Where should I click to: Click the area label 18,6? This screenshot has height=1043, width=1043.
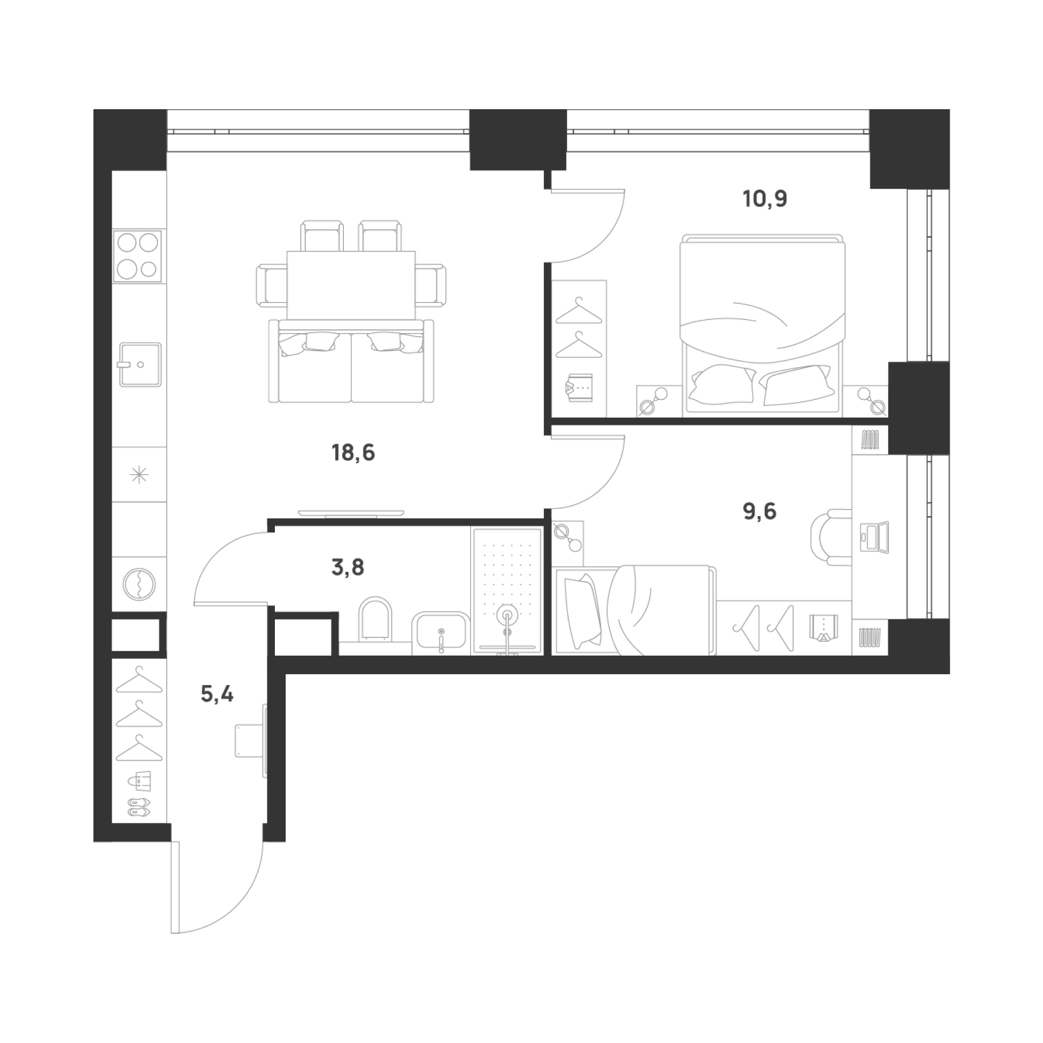coord(353,452)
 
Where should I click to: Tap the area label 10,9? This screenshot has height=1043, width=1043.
coord(765,200)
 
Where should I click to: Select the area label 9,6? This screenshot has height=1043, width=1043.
coord(759,511)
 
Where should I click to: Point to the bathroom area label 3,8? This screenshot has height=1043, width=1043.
coord(347,568)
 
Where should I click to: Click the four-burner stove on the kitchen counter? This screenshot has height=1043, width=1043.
coord(138,255)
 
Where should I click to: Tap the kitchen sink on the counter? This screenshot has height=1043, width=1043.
coord(140,365)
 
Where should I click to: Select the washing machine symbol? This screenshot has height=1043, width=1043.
coord(140,585)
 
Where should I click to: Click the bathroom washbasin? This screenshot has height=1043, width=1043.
coord(441,633)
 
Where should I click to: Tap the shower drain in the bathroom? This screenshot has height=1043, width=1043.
coord(507,615)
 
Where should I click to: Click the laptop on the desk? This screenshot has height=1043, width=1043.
coord(875,538)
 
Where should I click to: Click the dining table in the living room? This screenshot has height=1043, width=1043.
coord(351,285)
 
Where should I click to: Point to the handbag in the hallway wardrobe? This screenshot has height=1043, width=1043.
coord(140,782)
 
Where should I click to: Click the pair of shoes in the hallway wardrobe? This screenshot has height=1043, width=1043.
coord(140,808)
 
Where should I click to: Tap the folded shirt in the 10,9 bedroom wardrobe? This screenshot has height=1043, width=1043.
coord(579,388)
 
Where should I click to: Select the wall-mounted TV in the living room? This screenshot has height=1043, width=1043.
coord(351,513)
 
